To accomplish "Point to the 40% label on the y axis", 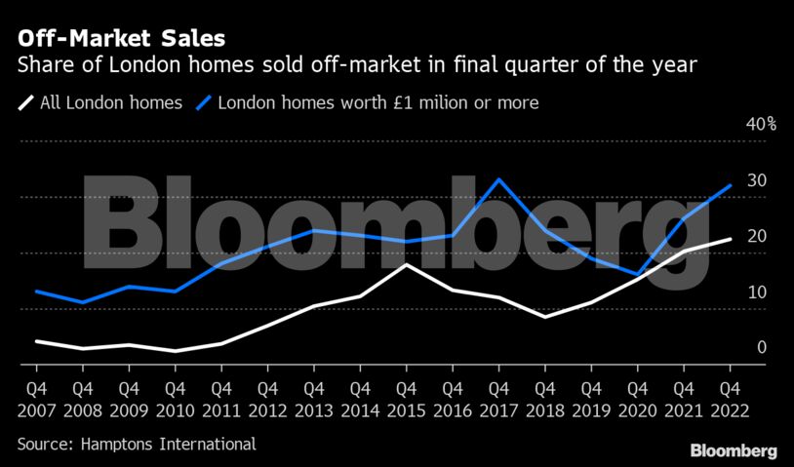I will pos(761,125).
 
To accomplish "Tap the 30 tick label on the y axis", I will pos(756,181).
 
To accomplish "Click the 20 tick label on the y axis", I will pos(756,237).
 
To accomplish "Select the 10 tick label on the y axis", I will pos(756,292).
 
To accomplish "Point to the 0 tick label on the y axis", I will pos(761,348).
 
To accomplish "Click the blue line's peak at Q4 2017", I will pos(498,179).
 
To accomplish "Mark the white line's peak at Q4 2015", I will pos(406,264).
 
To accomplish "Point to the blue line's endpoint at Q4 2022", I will pos(730,186).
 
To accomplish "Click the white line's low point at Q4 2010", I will pos(175,351).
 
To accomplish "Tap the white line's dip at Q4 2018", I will pos(544,317).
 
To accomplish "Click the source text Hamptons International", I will pos(137,445).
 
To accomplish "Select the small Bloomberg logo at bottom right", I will pos(734,450).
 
